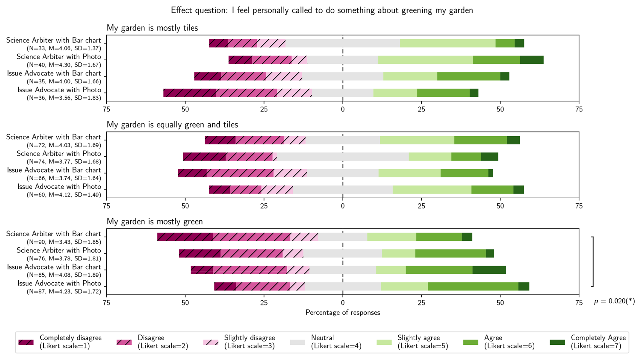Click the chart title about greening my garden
(x=322, y=10)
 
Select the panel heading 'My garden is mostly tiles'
(x=152, y=28)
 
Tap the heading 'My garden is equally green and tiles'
(x=172, y=125)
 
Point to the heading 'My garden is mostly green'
(x=154, y=222)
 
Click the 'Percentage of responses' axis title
(x=343, y=313)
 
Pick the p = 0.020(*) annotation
(x=614, y=301)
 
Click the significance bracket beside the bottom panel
(x=593, y=261)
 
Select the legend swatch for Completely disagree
(x=26, y=342)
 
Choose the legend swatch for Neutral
(x=297, y=342)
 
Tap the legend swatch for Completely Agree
(x=557, y=342)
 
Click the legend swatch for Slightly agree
(x=384, y=342)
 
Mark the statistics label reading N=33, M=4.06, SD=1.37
(x=64, y=48)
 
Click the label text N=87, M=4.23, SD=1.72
(x=64, y=292)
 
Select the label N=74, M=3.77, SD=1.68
(x=64, y=162)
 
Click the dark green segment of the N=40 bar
(x=532, y=60)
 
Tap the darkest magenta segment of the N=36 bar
(x=189, y=93)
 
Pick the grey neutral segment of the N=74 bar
(x=343, y=157)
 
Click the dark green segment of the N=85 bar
(x=489, y=270)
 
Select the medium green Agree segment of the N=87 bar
(x=473, y=286)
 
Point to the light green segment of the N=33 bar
(x=448, y=43)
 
